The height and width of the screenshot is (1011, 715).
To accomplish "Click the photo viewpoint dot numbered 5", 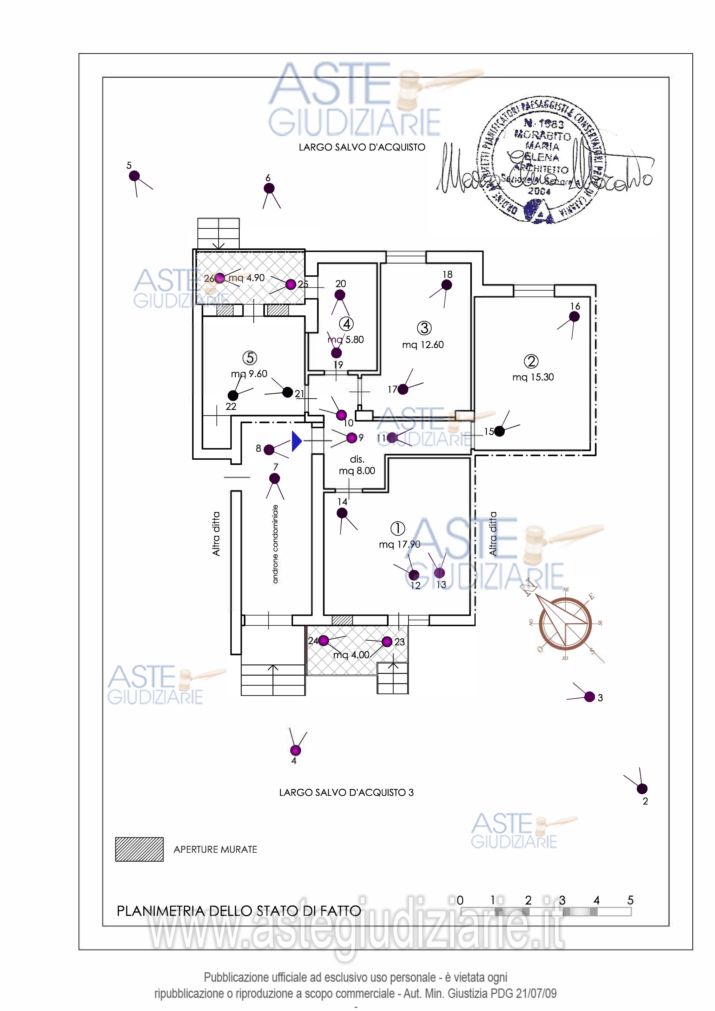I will tap(134, 176).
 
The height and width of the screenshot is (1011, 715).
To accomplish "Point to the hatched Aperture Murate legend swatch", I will tap(139, 849).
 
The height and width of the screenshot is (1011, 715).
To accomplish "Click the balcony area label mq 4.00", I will tap(351, 655).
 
